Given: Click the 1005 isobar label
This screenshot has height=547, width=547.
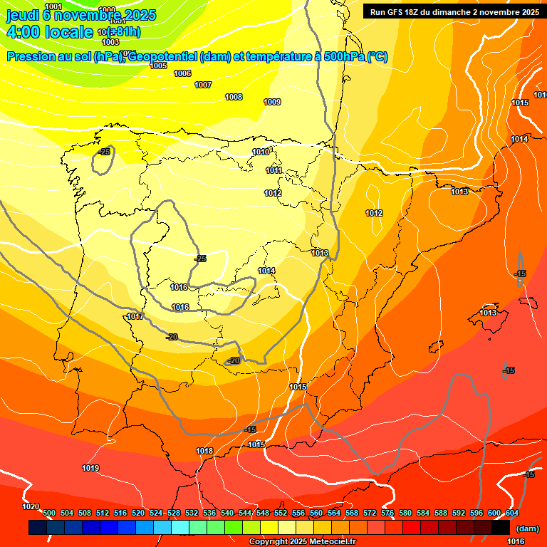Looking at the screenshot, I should coord(158,66).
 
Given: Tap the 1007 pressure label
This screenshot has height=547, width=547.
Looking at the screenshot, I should coord(203,85).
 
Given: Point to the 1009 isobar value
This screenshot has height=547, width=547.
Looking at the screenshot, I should coord(272,102).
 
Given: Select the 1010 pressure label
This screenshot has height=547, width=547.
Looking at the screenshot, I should coord(261,152).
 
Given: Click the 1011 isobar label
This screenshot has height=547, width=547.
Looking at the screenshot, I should coord(274,170).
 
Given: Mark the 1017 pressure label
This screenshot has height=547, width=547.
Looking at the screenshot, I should coord(135,316).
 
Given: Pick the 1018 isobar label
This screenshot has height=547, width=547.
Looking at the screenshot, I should coord(204,451).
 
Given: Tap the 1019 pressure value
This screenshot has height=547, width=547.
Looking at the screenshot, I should coord(90,468).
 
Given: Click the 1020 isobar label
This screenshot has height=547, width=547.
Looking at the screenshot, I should coord(31,506).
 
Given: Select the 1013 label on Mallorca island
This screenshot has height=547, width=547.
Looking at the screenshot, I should coord(488,313).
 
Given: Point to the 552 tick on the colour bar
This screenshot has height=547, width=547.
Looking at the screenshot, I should coord(281,513).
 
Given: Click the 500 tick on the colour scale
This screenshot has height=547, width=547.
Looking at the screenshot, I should coord(49,513).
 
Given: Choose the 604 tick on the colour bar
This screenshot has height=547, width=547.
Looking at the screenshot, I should coord(512,513).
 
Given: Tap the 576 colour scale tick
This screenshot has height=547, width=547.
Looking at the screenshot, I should coord(387,513).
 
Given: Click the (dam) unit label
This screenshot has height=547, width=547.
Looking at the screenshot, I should coord(527,528).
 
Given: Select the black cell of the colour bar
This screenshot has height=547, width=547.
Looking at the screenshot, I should coord(501,527).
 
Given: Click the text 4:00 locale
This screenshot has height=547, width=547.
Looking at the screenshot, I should coord(49,31).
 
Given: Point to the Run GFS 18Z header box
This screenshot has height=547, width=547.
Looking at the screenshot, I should coord(452,11).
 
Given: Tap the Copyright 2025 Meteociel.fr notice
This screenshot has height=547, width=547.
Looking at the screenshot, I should coord(302,541).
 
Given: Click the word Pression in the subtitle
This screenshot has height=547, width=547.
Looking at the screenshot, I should coord(28,57).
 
